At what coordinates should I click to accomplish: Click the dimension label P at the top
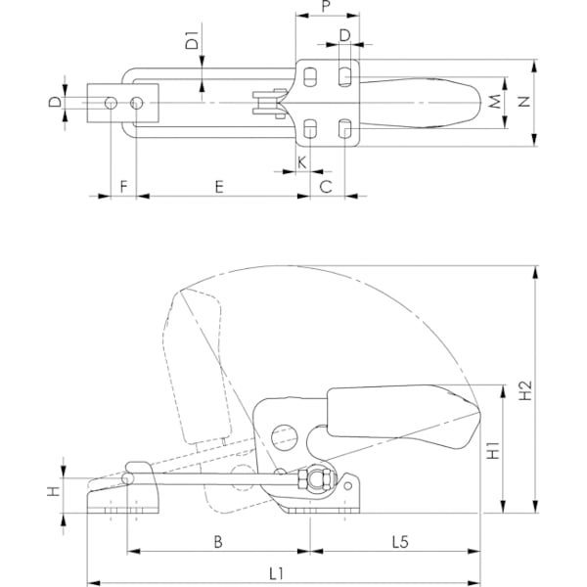[327, 6]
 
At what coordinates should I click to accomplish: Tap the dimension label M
[495, 102]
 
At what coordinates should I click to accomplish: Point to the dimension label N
[524, 102]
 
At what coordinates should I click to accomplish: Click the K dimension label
[301, 163]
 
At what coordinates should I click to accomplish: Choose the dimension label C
[326, 186]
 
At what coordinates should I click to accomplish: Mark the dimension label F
[124, 186]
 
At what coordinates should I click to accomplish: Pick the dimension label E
[219, 187]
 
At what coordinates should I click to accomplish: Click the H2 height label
[524, 390]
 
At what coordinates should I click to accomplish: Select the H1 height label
[493, 450]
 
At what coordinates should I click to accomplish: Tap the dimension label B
[218, 542]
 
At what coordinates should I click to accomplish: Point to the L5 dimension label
[400, 542]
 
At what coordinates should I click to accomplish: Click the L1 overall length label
[276, 574]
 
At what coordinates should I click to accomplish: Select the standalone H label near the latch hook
[54, 491]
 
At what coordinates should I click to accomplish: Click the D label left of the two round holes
[55, 102]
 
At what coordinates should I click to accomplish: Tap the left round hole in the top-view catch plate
[111, 103]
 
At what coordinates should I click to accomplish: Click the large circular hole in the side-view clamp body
[284, 438]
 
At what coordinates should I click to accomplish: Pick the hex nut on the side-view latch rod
[301, 480]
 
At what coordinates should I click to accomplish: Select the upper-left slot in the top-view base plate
[309, 76]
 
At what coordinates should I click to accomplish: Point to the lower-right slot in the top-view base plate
[344, 128]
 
